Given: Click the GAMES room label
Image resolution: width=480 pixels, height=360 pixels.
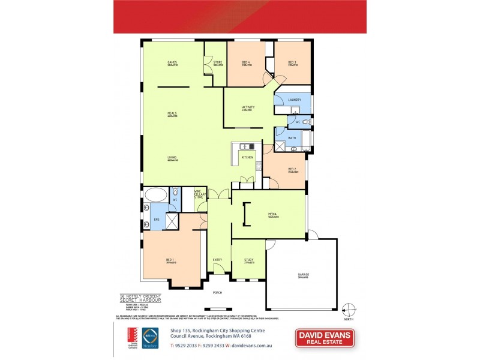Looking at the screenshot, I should pos(172,63).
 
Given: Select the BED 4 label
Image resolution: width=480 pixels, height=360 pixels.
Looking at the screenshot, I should pos(246,63).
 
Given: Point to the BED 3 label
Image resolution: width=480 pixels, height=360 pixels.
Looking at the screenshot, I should pos(292,63).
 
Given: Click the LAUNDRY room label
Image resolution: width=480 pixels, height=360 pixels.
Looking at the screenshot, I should pos(294,100).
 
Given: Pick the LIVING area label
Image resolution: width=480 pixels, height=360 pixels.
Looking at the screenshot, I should pos(172,158).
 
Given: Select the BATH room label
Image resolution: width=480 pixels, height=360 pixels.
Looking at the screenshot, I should pos(292,138).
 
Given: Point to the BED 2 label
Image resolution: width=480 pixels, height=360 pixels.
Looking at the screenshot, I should pos(292,170).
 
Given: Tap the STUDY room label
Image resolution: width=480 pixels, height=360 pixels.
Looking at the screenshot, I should pos(248,260).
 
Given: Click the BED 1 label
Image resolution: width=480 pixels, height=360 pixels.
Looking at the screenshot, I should pos(170,260).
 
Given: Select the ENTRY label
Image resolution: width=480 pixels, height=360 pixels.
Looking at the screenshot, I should pos(217,260).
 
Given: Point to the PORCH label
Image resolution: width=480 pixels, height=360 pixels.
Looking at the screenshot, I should pos(217,293).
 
